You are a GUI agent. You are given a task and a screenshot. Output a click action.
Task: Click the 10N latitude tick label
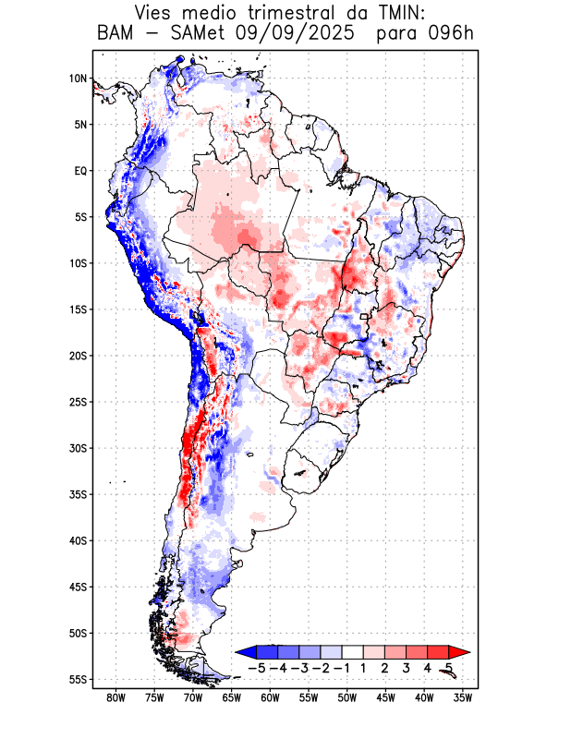click(78, 79)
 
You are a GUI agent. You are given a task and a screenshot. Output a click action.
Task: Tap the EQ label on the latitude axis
click(80, 171)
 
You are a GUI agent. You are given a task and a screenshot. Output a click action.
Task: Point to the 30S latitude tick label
click(78, 448)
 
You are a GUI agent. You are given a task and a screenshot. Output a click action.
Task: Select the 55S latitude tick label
click(78, 679)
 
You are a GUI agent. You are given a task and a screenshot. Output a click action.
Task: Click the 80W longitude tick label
click(115, 697)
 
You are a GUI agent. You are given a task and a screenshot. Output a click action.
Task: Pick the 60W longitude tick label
click(270, 697)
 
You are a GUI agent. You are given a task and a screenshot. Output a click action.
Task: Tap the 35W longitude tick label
click(463, 697)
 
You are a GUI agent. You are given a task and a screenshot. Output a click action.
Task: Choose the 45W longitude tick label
click(385, 697)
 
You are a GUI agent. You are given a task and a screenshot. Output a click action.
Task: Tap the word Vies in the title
click(156, 14)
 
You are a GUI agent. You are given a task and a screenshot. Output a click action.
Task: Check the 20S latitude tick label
click(78, 356)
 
